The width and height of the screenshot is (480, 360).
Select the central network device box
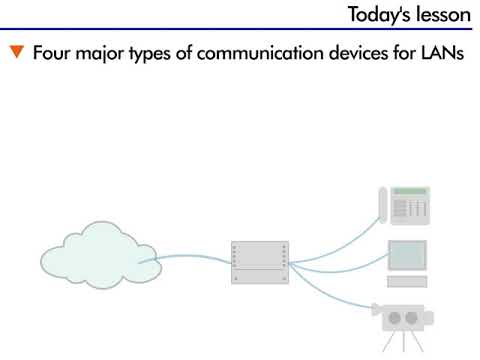click(x=258, y=262)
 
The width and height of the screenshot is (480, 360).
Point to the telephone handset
click(x=381, y=208)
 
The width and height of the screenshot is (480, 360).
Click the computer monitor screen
click(x=406, y=256)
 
